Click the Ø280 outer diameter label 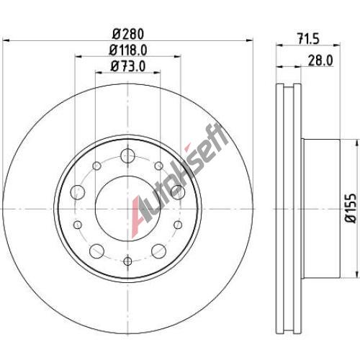128,35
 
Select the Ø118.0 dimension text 128,50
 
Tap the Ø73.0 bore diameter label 128,66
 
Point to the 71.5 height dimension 309,39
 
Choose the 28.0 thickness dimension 320,60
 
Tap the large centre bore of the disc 128,208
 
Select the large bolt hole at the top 127,156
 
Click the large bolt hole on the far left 78,192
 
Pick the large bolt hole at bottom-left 96,251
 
